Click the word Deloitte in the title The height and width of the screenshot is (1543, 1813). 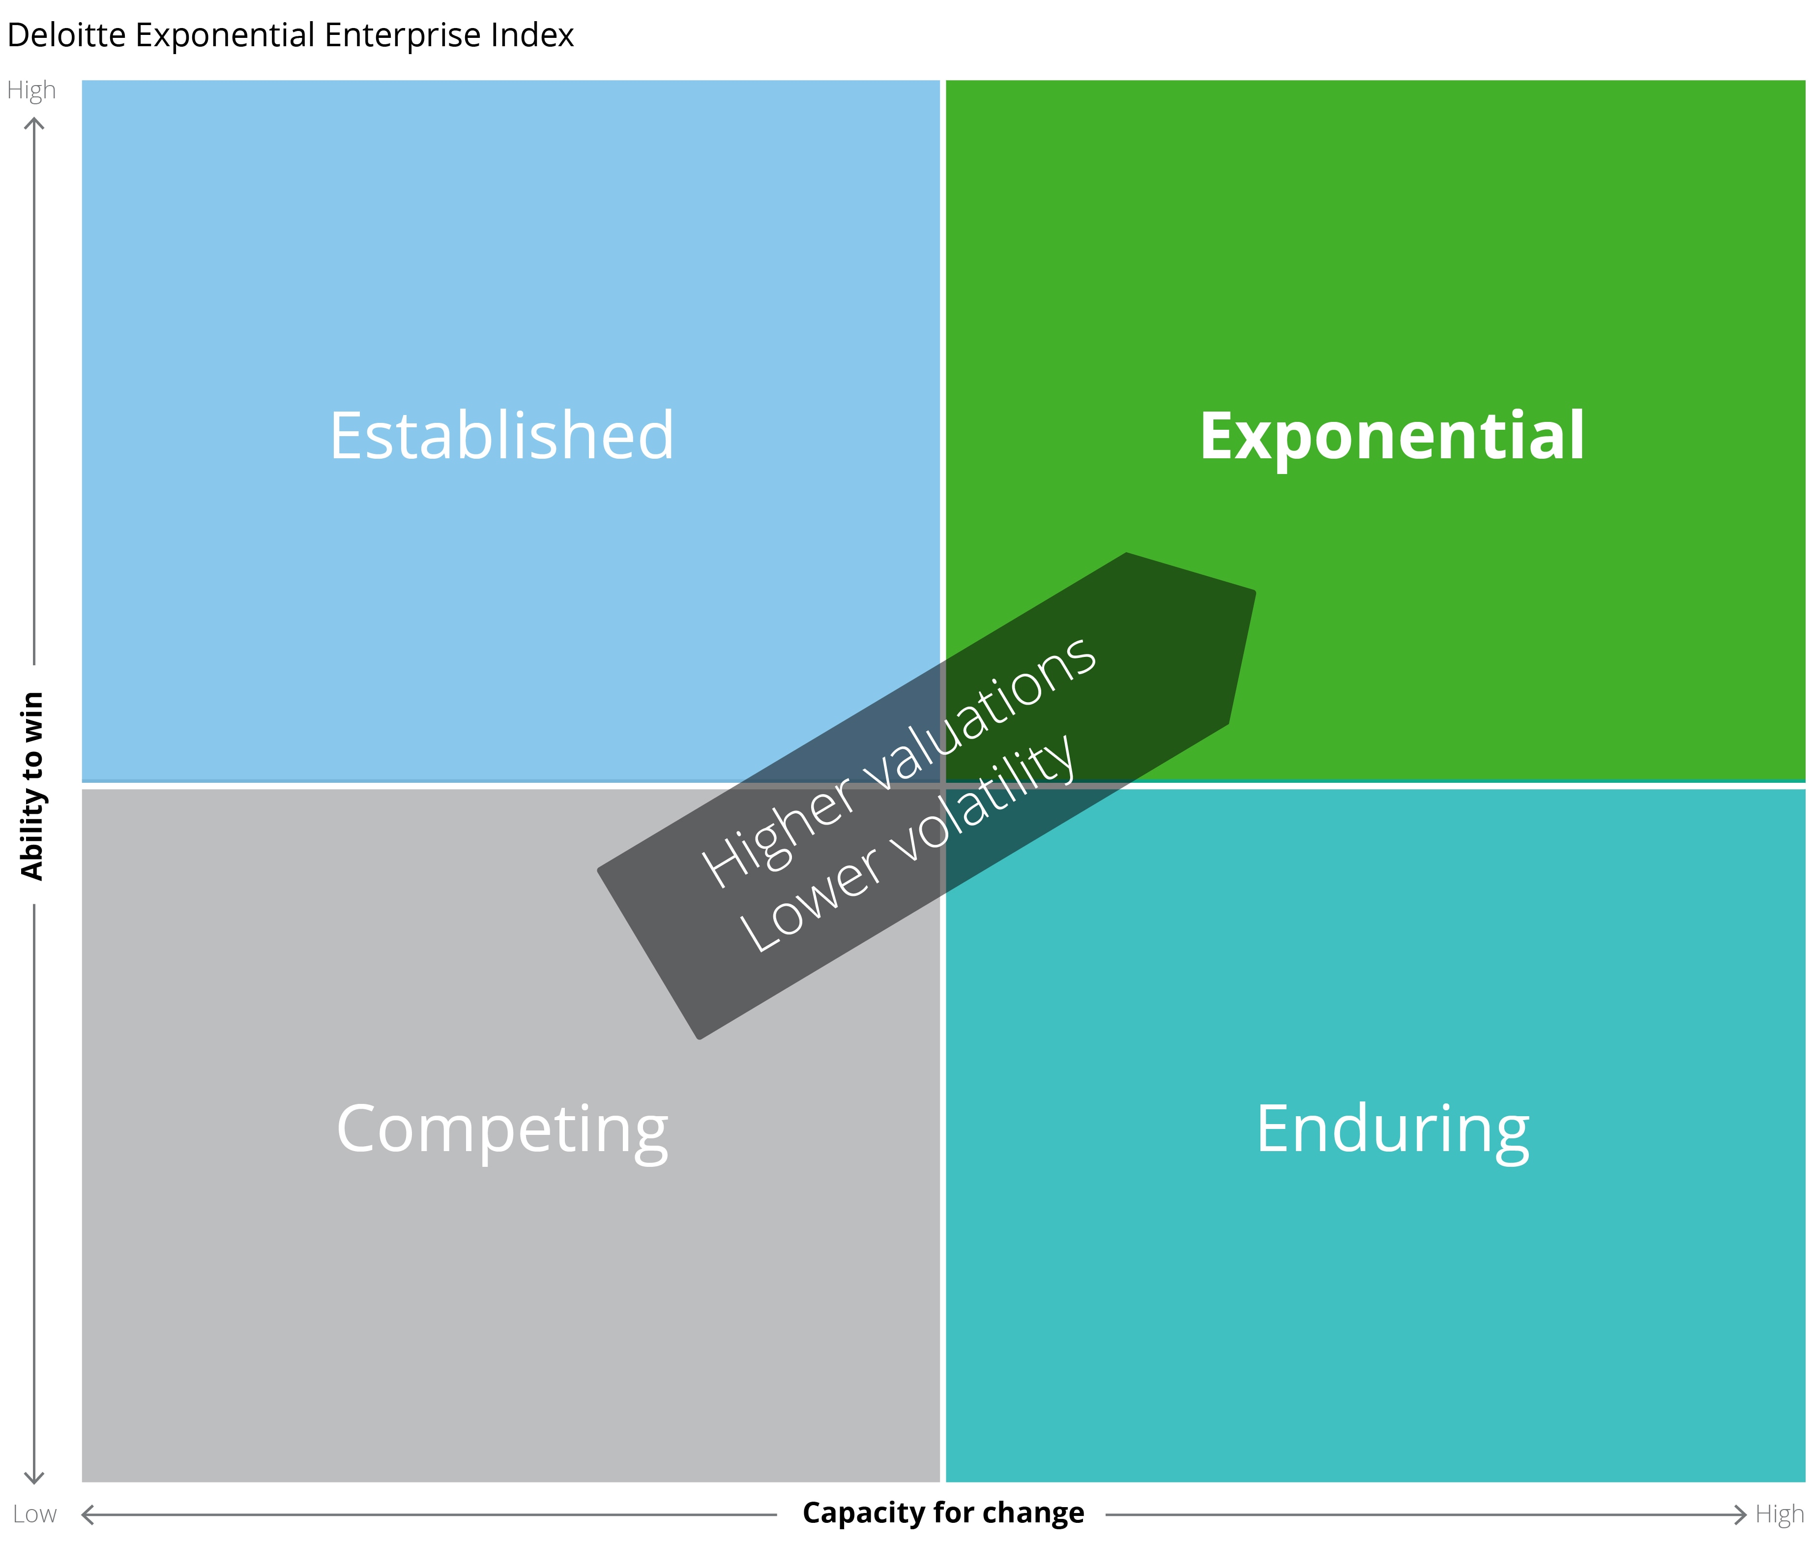(66, 35)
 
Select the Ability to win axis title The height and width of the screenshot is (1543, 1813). (32, 785)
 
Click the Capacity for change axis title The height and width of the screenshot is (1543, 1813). (943, 1513)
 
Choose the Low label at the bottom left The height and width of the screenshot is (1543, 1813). (35, 1514)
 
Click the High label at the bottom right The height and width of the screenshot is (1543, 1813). (1780, 1514)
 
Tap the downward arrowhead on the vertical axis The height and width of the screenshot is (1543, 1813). (34, 1478)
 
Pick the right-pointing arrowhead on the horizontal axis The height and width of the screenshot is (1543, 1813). (1740, 1514)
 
